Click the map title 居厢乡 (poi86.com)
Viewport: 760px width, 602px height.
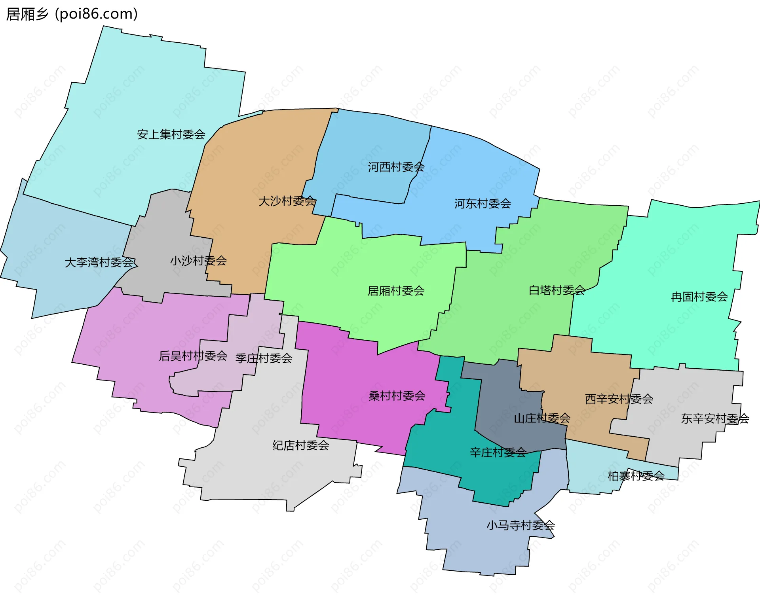point(72,14)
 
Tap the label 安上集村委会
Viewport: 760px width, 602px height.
point(171,134)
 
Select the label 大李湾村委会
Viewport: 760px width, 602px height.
point(99,262)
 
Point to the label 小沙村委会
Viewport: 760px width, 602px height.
point(198,261)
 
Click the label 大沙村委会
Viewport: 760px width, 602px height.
point(287,201)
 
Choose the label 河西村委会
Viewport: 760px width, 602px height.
point(396,167)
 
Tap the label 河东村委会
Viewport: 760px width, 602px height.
point(483,204)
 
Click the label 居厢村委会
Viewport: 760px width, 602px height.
point(396,291)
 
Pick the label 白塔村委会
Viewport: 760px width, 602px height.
point(557,290)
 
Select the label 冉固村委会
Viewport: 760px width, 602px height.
point(699,297)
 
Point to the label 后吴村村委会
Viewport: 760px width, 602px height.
point(193,356)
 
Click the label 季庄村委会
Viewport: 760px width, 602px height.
point(264,358)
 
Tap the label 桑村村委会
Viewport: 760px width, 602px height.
point(397,396)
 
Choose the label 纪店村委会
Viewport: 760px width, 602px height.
point(301,445)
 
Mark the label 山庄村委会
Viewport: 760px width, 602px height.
point(542,418)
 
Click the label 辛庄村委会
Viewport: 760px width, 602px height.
point(498,452)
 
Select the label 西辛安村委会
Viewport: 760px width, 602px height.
point(619,399)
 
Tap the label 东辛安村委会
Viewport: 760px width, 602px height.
point(715,418)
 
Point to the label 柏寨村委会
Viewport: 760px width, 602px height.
point(636,476)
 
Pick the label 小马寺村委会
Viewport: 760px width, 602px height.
point(521,525)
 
